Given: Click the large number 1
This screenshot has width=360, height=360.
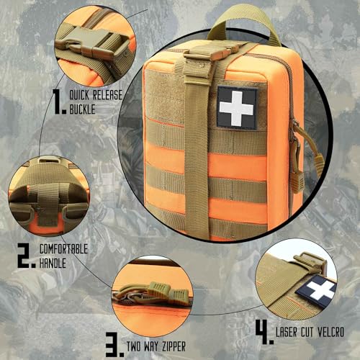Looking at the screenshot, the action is [x=59, y=101].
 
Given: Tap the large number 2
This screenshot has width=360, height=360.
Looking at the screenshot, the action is [x=26, y=256].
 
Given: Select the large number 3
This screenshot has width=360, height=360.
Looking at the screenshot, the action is [x=114, y=344].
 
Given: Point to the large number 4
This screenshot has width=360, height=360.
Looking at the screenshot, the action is [x=264, y=332].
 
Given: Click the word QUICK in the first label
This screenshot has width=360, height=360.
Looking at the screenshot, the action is [x=79, y=95].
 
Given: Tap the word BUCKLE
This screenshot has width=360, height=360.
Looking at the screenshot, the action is [x=82, y=109].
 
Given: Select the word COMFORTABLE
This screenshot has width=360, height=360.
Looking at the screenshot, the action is [x=63, y=249].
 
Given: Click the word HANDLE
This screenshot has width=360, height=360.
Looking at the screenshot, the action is [x=53, y=263].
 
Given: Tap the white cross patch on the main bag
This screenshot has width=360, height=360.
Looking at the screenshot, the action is [x=237, y=108].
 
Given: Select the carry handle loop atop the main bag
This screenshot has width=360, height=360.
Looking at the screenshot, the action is [x=245, y=19].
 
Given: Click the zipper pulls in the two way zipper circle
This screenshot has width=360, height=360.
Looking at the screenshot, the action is [x=151, y=293].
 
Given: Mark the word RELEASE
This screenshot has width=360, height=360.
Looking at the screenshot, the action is [x=108, y=95].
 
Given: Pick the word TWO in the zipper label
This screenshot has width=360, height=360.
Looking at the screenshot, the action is [x=133, y=346].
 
